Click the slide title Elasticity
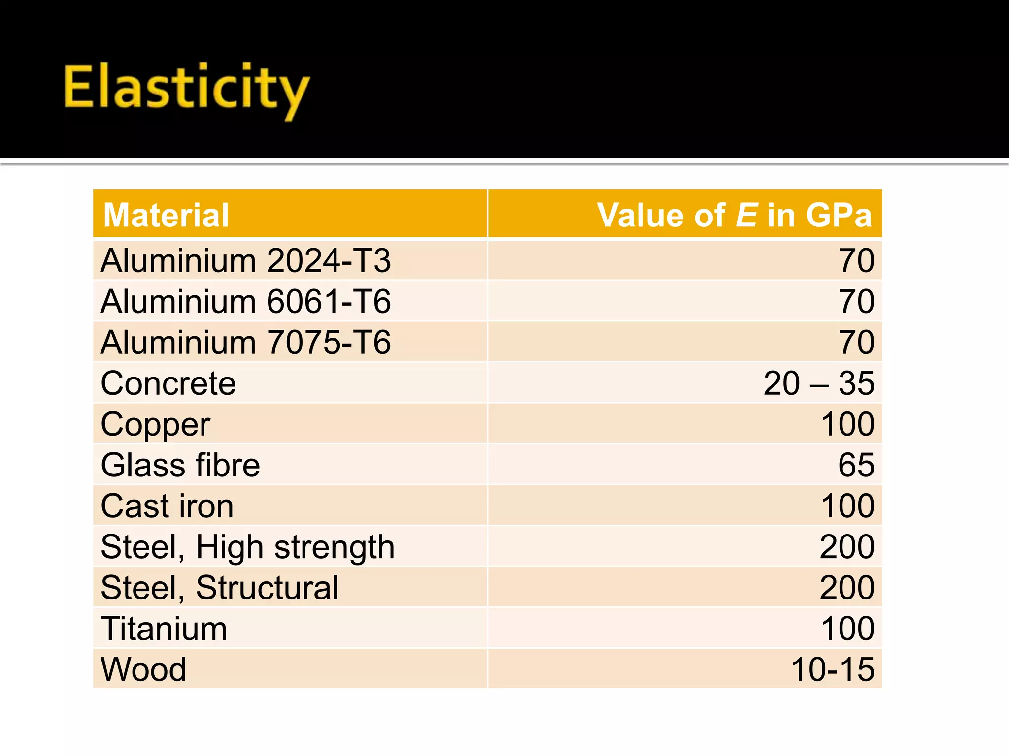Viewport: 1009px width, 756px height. click(186, 89)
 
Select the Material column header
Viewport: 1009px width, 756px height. click(166, 215)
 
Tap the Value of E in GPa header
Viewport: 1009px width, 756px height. click(734, 215)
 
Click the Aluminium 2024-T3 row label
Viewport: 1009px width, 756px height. click(245, 260)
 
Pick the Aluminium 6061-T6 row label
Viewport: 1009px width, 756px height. click(245, 301)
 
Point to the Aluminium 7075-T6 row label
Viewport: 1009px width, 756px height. click(245, 342)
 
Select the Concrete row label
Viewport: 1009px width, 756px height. click(168, 383)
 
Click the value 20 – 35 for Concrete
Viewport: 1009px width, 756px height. click(818, 383)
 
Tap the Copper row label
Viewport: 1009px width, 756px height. click(155, 424)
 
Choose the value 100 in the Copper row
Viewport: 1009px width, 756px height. click(847, 424)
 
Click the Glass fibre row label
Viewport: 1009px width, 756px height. click(180, 465)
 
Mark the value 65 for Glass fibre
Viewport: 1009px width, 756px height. click(856, 465)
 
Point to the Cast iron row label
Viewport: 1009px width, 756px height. click(167, 506)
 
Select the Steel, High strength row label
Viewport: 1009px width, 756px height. click(247, 547)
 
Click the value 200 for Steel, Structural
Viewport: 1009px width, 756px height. click(847, 588)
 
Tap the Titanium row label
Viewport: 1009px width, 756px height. click(164, 629)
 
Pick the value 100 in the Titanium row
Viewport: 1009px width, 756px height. click(847, 629)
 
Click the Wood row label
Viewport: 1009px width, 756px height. click(143, 669)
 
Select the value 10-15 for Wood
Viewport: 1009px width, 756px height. click(833, 669)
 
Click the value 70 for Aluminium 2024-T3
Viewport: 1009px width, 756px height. click(856, 260)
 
